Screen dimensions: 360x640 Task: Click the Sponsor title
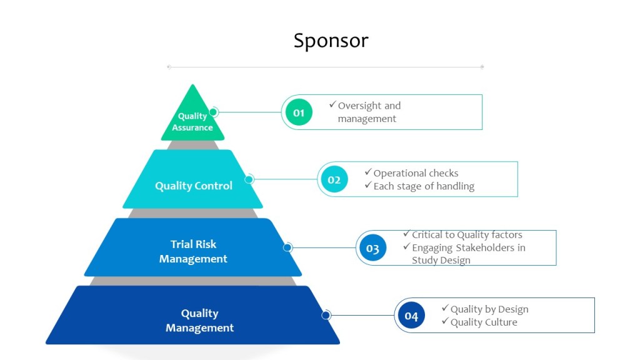(x=331, y=41)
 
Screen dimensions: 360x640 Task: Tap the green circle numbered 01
(x=299, y=112)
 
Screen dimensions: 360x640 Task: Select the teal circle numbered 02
(x=334, y=180)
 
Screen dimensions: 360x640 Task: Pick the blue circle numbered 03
(x=372, y=248)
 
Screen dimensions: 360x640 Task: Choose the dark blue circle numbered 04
(x=411, y=316)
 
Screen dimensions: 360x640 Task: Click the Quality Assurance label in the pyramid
(x=192, y=122)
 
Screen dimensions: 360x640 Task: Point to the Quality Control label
(x=194, y=186)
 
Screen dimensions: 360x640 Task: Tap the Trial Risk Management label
(x=193, y=251)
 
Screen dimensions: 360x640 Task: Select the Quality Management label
(x=199, y=321)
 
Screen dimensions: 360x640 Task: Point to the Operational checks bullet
(x=416, y=173)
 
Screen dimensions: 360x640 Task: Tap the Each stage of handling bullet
(x=424, y=186)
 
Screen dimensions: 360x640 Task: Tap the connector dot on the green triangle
(x=213, y=112)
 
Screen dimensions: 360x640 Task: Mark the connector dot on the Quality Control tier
(x=249, y=179)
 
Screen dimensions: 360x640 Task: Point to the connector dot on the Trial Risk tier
(x=287, y=247)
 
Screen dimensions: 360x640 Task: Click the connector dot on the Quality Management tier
(x=326, y=315)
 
